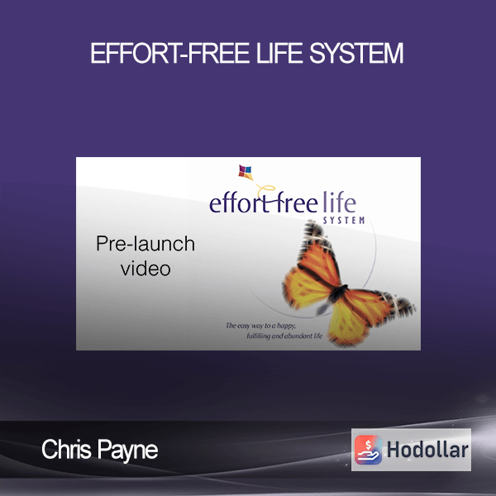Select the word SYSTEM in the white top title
(x=356, y=53)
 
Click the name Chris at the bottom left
(x=66, y=449)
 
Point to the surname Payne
(x=127, y=451)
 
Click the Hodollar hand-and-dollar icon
(x=368, y=450)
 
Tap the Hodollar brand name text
(x=427, y=450)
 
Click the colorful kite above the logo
(x=246, y=172)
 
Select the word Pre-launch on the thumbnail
(x=145, y=244)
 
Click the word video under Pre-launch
(x=145, y=269)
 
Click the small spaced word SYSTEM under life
(x=344, y=220)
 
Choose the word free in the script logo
(x=295, y=203)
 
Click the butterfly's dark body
(x=337, y=293)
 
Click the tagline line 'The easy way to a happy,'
(x=260, y=326)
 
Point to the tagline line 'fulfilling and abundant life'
(x=284, y=336)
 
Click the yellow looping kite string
(x=265, y=190)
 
